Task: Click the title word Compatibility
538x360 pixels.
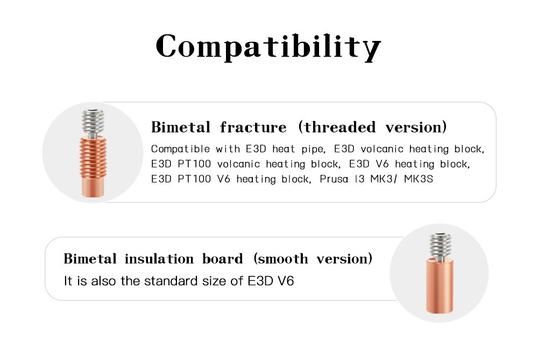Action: coord(268,47)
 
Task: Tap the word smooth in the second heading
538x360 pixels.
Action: coord(283,259)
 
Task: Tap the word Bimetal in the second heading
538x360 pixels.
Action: coord(90,259)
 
